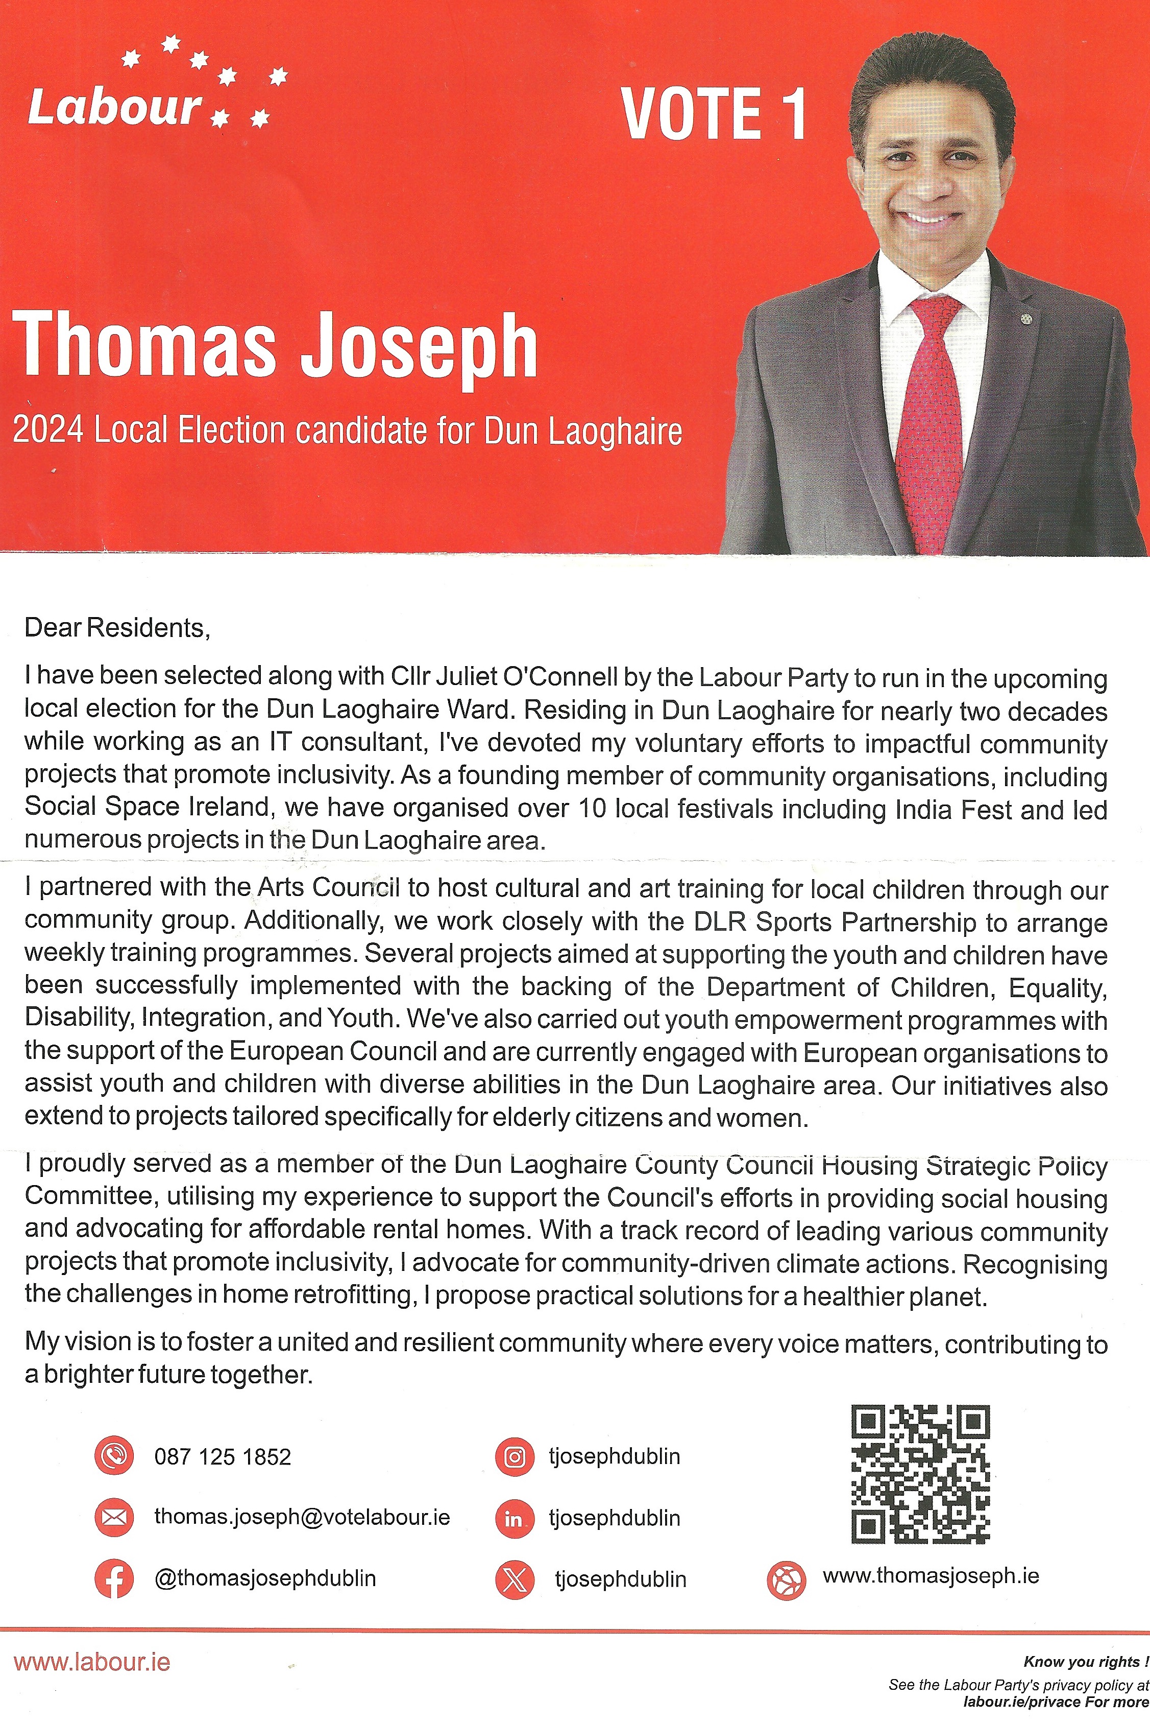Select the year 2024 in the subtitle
[47, 430]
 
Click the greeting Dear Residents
[117, 628]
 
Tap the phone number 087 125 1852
[222, 1457]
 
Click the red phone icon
[114, 1456]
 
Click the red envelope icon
[114, 1518]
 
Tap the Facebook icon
[114, 1578]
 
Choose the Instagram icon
[515, 1457]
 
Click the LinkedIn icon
[515, 1518]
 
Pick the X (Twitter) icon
[515, 1579]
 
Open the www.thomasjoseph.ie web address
[930, 1575]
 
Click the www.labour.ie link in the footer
[92, 1662]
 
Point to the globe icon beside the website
[786, 1580]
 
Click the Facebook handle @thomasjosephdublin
[265, 1578]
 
